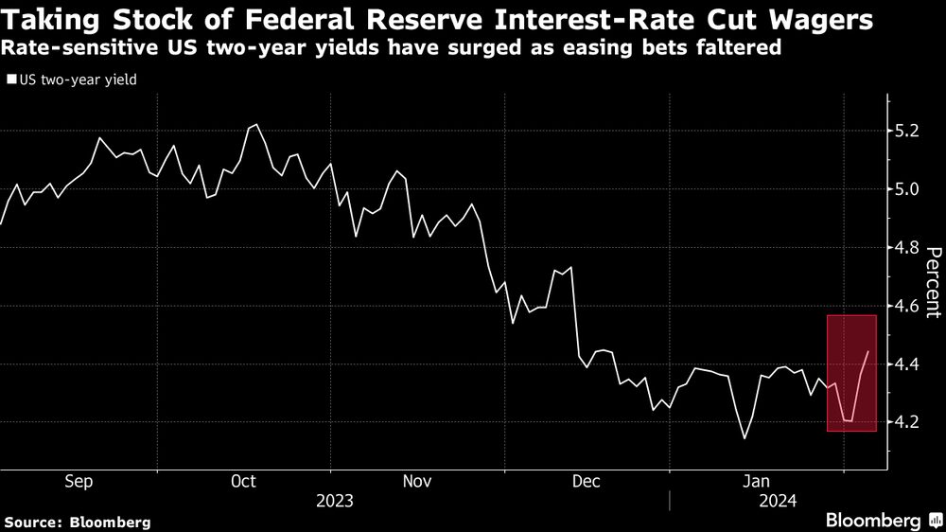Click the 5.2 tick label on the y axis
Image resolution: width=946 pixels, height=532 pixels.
tap(907, 131)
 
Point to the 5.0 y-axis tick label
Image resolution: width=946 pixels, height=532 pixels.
tap(907, 189)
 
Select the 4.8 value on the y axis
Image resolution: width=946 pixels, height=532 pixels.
tap(907, 248)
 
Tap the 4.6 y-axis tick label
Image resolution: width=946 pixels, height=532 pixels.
tap(907, 307)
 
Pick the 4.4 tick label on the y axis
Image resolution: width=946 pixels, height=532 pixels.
tap(907, 364)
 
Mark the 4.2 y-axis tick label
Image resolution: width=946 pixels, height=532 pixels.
tap(907, 423)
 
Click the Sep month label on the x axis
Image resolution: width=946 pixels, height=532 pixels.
tap(79, 482)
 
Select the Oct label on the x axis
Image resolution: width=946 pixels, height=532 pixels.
tap(244, 481)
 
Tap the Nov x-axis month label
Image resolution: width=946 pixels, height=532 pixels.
tap(417, 481)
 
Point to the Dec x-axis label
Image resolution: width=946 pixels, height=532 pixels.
tap(587, 481)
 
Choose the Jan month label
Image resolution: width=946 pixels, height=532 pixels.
tap(756, 481)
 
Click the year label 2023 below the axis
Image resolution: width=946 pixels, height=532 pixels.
tap(335, 501)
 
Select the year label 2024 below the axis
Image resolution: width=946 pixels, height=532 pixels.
tap(778, 501)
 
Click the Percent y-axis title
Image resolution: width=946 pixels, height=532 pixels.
tap(933, 282)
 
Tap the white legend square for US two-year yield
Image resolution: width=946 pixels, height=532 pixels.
tap(11, 80)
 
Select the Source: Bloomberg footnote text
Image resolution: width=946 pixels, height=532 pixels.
tap(78, 523)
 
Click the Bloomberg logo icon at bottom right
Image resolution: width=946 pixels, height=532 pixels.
tap(936, 521)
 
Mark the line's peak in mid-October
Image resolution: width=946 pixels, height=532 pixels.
tap(256, 125)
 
